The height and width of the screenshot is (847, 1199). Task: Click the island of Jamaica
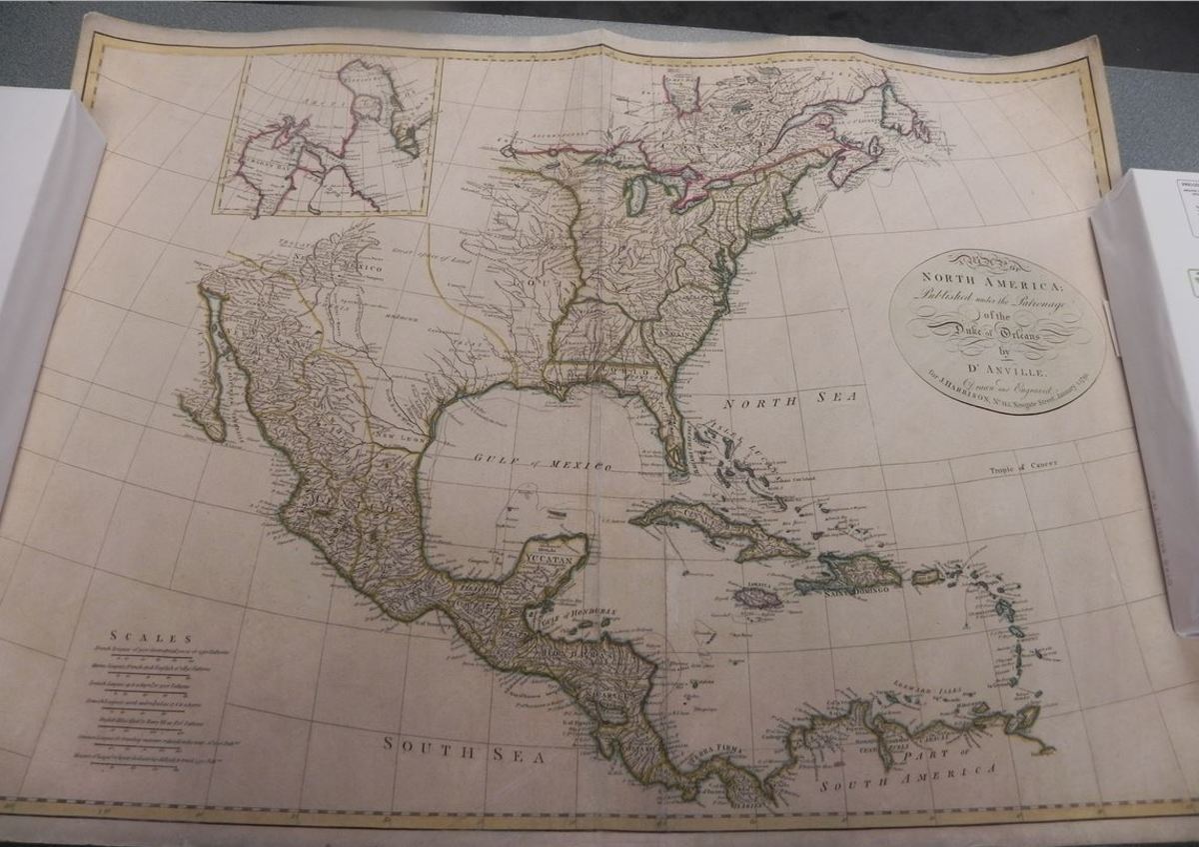pos(758,597)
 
